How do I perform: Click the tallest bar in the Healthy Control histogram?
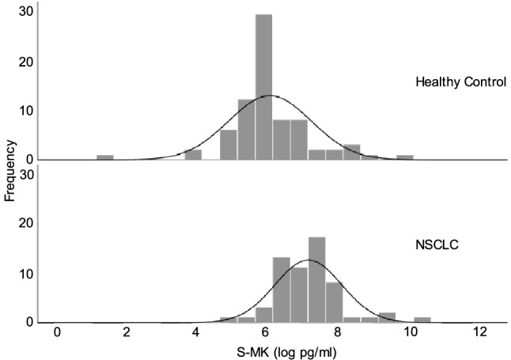coord(263,87)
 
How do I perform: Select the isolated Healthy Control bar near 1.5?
coord(105,157)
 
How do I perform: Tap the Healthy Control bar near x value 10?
coord(405,157)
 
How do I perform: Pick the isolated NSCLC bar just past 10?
coord(422,320)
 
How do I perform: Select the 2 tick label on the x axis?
coord(127,333)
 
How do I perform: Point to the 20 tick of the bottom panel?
coord(27,225)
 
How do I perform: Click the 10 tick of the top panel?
coord(27,110)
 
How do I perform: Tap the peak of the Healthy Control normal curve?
coord(270,96)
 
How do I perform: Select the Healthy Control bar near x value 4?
coord(193,155)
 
